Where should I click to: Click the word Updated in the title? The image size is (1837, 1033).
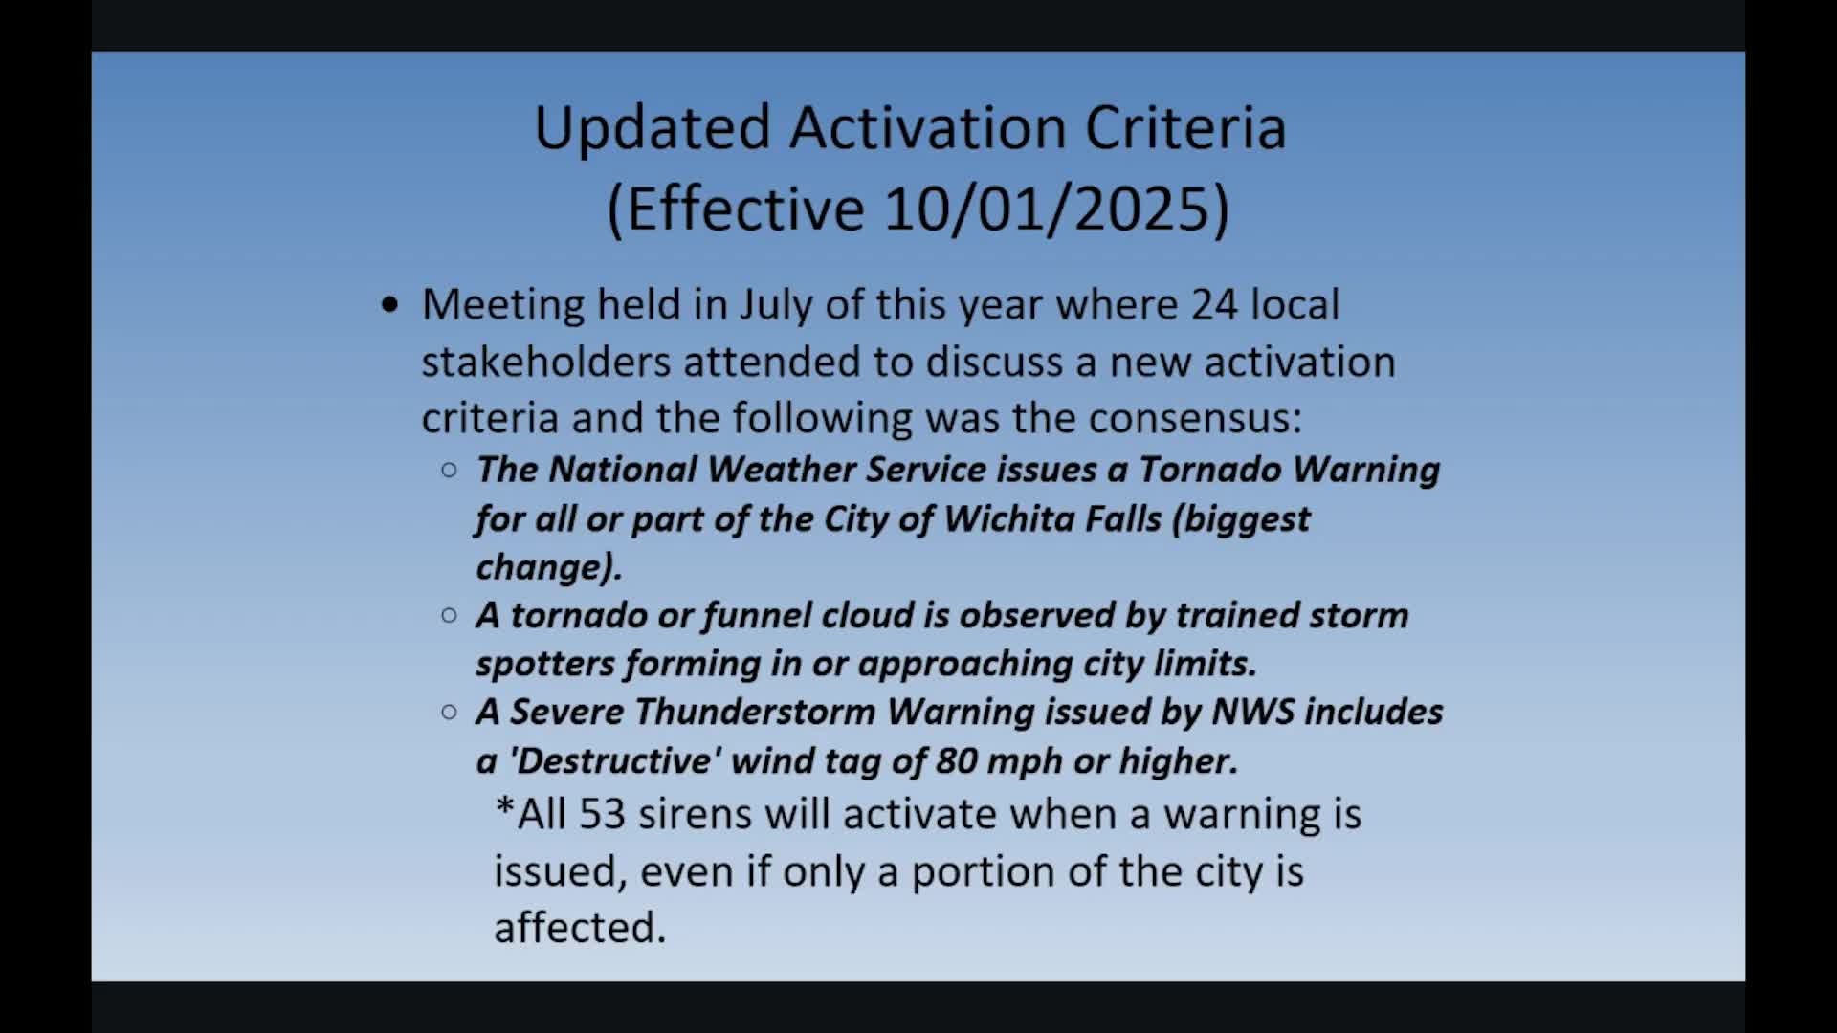tap(653, 128)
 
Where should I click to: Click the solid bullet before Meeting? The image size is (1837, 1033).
tap(388, 305)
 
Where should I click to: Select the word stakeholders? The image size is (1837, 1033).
tap(545, 362)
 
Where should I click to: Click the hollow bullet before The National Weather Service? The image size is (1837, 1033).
tap(449, 470)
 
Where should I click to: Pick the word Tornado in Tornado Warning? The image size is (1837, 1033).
tap(1209, 469)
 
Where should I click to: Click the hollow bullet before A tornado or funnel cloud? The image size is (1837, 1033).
tap(449, 615)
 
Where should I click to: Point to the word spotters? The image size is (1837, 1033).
tap(545, 664)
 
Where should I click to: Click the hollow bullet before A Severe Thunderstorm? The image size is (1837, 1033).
tap(449, 712)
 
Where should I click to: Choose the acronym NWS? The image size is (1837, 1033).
tap(1252, 712)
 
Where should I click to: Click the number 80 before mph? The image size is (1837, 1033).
tap(956, 760)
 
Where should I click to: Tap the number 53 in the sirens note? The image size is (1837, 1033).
tap(603, 814)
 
